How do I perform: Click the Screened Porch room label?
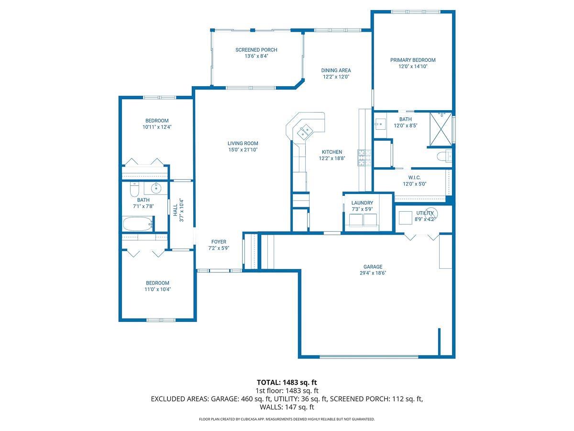(256, 50)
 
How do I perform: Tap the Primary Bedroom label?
(413, 60)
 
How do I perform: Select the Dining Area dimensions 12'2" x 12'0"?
(336, 77)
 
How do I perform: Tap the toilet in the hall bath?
(134, 190)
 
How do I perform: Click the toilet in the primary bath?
(444, 156)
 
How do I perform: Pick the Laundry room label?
(362, 203)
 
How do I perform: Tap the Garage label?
(373, 267)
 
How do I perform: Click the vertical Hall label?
(175, 210)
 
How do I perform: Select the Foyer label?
(219, 242)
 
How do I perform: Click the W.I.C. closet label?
(414, 177)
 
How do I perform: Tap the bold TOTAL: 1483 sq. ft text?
(287, 382)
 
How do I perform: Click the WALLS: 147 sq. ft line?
(287, 407)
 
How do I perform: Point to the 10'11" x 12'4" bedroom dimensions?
(157, 127)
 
